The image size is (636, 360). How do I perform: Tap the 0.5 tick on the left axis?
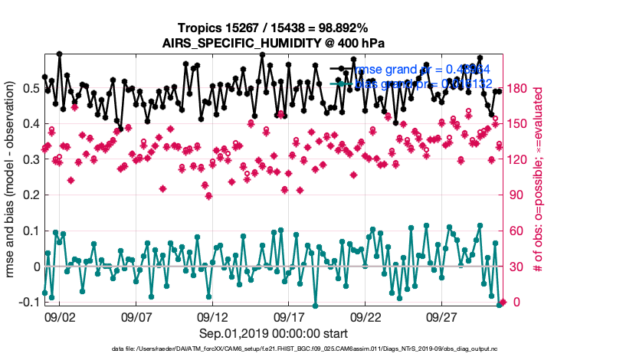click(x=31, y=88)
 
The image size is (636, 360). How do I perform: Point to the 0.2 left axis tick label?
click(x=31, y=195)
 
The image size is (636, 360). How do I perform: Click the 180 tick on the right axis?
click(x=520, y=88)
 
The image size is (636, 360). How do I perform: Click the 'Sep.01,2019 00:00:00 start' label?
click(x=274, y=333)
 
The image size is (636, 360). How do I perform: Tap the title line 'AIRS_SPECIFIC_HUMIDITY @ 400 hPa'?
click(x=273, y=43)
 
